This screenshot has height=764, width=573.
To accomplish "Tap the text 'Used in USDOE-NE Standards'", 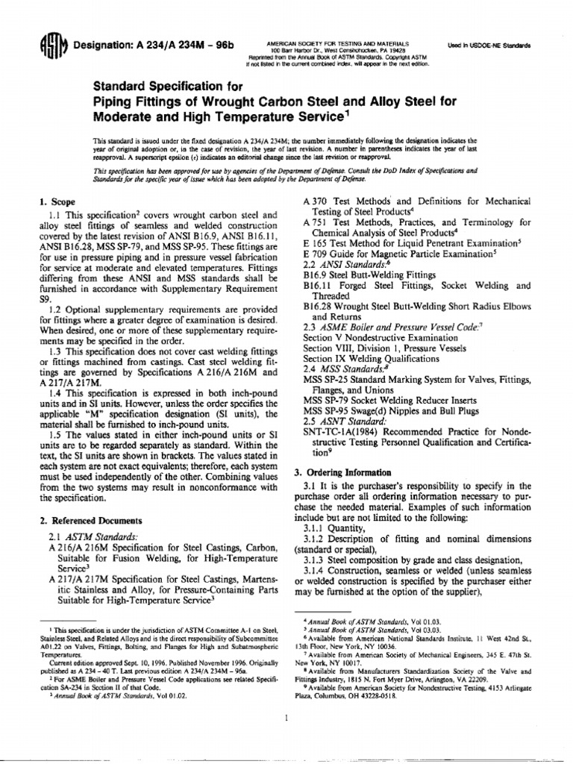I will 488,46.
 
